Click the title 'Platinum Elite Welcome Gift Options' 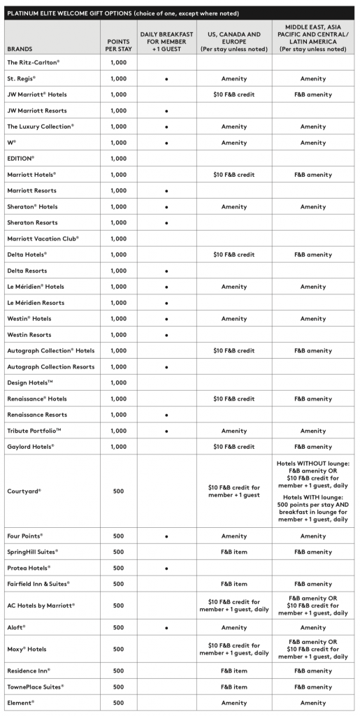pos(122,13)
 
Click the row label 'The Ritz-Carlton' pos(34,62)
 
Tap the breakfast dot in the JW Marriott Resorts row pos(166,110)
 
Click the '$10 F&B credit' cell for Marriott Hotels pos(233,175)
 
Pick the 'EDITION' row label pos(21,159)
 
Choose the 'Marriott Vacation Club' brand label pos(43,238)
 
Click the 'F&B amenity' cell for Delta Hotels pos(312,255)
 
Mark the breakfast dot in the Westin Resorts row pos(166,335)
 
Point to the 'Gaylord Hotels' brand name pos(31,446)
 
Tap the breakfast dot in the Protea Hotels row pos(166,568)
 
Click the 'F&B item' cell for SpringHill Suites pos(233,552)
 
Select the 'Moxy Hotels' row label pos(27,649)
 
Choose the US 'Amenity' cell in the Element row pos(233,703)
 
